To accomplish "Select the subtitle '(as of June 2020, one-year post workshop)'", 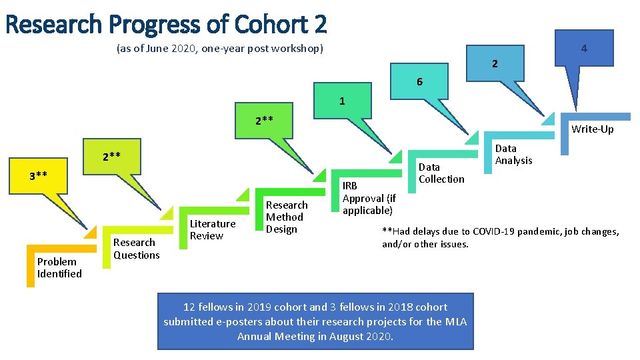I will [x=219, y=49].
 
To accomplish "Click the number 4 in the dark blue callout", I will [x=583, y=49].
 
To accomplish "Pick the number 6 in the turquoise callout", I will [x=419, y=82].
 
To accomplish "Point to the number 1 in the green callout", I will [x=342, y=101].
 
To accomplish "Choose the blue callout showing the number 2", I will [x=494, y=64].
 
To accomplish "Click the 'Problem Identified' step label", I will [x=59, y=267].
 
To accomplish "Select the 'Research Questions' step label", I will [x=136, y=249].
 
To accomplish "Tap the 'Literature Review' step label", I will [x=212, y=229].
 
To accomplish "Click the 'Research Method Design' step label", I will [x=287, y=217].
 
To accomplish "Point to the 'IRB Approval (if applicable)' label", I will [x=369, y=198].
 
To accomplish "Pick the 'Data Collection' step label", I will [x=441, y=173].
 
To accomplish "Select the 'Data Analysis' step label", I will [x=513, y=154].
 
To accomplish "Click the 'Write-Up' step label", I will [x=592, y=129].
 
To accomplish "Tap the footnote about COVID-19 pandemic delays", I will [x=500, y=237].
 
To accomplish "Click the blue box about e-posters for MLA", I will [x=315, y=321].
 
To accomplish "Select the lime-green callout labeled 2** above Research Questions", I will [x=111, y=157].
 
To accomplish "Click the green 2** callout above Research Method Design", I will [x=264, y=120].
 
